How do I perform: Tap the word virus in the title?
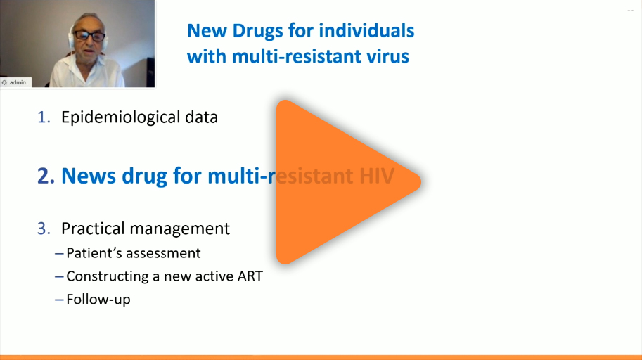[x=387, y=56]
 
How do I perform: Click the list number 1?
[x=44, y=117]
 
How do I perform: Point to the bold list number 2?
[x=46, y=176]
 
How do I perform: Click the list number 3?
[x=44, y=229]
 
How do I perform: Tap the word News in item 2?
[x=89, y=176]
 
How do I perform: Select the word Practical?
[x=93, y=229]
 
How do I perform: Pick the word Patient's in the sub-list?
[x=94, y=253]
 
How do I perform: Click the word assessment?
[x=163, y=254]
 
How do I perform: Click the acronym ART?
[x=250, y=276]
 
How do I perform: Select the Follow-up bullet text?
[x=98, y=300]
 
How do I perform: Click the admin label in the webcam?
[x=18, y=82]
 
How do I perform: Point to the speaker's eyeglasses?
[x=89, y=36]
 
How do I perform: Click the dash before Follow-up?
[x=59, y=300]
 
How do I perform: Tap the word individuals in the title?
[x=366, y=31]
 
